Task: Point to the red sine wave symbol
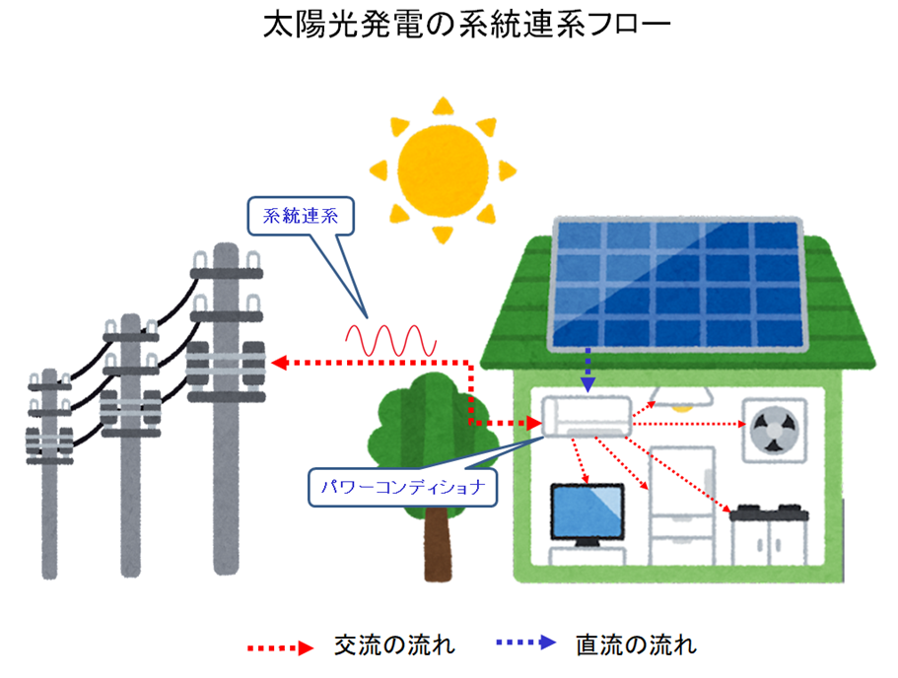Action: (389, 341)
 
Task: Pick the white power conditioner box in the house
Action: (587, 414)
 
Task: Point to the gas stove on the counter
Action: (770, 510)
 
